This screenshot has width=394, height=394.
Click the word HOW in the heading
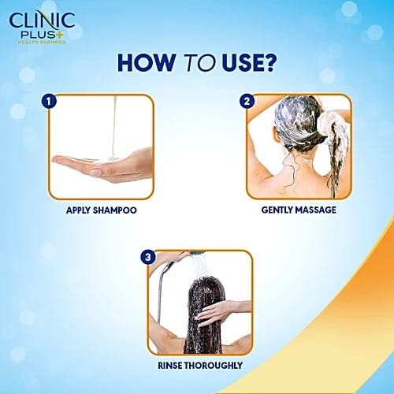[146, 63]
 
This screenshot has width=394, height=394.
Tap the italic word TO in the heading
[199, 63]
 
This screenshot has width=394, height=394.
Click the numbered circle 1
[49, 101]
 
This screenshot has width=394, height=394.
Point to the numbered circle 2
[247, 101]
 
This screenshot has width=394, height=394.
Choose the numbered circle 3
[148, 257]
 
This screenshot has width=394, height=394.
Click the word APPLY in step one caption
[78, 210]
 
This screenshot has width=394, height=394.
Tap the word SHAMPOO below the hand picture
[115, 210]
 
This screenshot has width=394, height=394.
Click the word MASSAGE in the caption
[315, 210]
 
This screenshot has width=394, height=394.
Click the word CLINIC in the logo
[42, 20]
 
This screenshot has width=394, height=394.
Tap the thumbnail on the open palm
[95, 173]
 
